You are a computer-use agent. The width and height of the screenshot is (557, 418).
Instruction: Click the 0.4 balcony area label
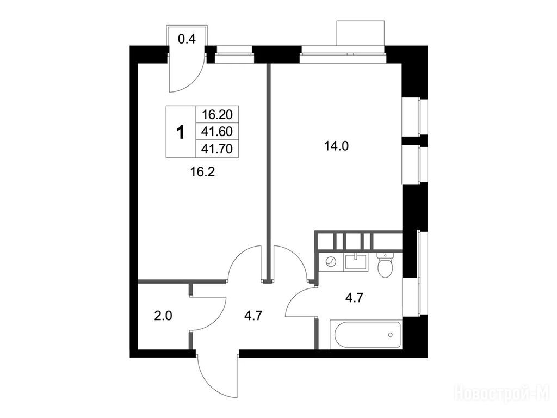coord(187,39)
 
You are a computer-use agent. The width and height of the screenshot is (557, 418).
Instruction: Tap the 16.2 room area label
coord(202,173)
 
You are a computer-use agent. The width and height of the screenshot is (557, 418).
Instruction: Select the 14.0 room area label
coord(336,146)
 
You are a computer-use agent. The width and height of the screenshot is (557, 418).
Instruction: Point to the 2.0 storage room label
coord(163,315)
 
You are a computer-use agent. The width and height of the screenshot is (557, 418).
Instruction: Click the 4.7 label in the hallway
coord(253,315)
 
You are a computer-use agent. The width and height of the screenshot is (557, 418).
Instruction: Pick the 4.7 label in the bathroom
coord(355,297)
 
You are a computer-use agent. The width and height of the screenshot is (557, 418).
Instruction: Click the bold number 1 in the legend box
coord(181,132)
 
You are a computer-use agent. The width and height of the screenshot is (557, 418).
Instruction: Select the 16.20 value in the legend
coord(217,114)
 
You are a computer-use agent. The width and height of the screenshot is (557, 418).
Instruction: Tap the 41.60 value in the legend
coord(217,132)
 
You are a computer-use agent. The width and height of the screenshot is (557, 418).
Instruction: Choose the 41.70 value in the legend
coord(217,149)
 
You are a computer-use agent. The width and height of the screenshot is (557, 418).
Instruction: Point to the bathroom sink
coord(356,262)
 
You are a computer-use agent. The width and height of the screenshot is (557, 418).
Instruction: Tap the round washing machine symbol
coord(331,262)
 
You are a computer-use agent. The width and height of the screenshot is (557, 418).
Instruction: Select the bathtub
coord(366,335)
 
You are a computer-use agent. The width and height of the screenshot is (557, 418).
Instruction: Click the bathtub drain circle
coord(391,335)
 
